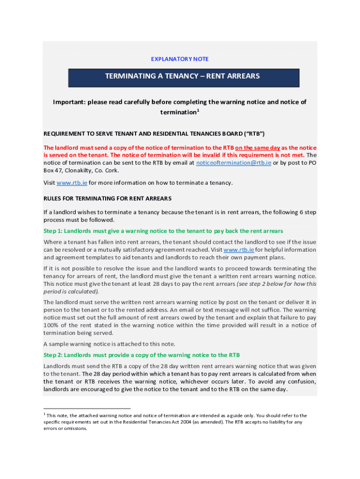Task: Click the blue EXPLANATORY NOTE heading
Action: point(180,59)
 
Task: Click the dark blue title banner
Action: point(183,77)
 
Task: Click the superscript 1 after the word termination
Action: point(198,110)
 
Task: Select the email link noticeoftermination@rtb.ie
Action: point(233,163)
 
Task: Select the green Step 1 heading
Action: point(163,231)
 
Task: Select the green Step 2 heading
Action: point(142,355)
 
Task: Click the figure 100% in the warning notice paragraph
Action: point(51,325)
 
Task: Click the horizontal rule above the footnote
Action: point(87,408)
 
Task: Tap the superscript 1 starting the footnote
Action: point(44,414)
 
